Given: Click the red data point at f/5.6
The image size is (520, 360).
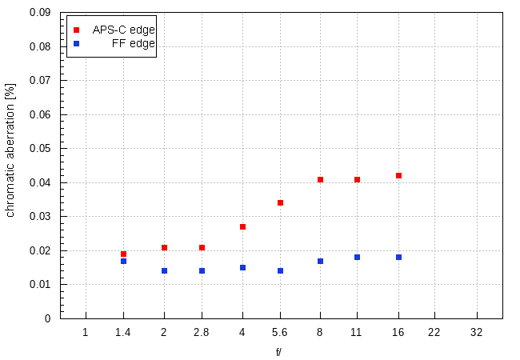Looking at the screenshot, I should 280,203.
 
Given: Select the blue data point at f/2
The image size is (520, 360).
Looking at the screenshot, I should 164,271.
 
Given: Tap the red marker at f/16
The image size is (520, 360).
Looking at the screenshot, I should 398,176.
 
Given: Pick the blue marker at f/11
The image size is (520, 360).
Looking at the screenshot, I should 357,258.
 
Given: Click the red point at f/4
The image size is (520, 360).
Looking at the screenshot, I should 242,227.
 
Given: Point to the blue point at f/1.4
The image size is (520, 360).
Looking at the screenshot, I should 123,262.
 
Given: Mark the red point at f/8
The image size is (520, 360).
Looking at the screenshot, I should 320,180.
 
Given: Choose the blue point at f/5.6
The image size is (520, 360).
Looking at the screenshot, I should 280,271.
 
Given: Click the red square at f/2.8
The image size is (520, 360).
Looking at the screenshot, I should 202,248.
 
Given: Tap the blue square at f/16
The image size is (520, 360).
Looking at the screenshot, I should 398,258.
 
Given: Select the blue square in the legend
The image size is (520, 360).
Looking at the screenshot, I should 76,43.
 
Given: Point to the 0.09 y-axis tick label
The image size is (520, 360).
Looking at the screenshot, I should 39,13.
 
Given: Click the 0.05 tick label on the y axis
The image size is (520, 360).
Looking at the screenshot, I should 39,149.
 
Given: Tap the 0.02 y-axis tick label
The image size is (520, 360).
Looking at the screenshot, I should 39,250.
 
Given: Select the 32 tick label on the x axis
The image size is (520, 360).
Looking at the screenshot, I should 477,332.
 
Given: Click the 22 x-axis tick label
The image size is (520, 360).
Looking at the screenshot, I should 435,332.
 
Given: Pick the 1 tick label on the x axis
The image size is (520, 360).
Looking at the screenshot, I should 86,332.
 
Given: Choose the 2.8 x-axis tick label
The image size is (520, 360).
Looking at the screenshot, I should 202,332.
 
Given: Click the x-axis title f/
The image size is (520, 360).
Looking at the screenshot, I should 279,351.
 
